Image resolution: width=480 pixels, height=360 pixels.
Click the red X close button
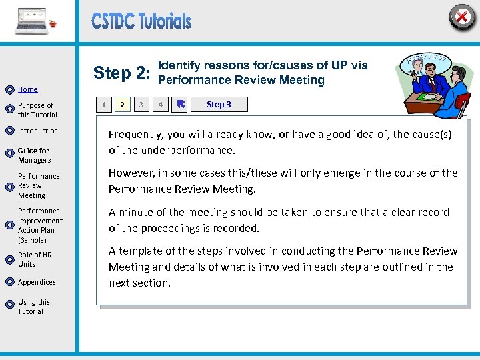(461, 16)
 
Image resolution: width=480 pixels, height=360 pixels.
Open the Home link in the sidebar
(27, 89)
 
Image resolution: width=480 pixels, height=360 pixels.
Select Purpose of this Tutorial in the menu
(36, 110)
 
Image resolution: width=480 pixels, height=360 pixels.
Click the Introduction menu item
(38, 131)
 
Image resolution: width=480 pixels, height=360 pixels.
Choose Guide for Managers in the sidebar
(35, 155)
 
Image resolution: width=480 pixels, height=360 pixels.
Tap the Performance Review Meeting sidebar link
(39, 186)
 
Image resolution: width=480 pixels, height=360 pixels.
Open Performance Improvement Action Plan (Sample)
(40, 225)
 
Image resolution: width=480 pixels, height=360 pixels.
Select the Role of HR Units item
(35, 259)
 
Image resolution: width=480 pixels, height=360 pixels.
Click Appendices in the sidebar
(37, 282)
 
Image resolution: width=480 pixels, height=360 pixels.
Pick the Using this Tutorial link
(33, 307)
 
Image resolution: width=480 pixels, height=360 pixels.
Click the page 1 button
(103, 105)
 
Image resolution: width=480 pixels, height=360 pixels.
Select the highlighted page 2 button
(122, 105)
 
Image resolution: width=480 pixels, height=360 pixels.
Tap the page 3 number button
(141, 105)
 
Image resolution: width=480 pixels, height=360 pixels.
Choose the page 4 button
(160, 105)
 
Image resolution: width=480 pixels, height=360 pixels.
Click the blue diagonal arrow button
(180, 105)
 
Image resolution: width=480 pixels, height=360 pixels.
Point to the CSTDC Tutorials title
(141, 21)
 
